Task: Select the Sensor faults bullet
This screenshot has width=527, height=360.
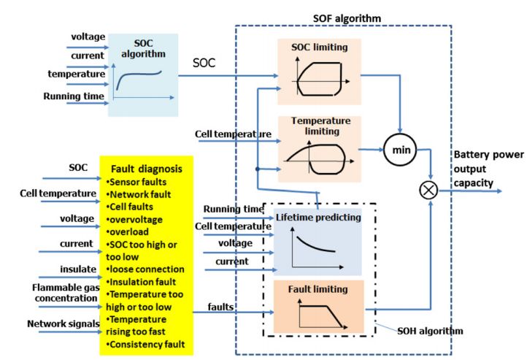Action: click(x=136, y=180)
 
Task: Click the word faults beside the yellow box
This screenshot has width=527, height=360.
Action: click(x=220, y=307)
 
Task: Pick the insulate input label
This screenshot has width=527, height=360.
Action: click(x=77, y=269)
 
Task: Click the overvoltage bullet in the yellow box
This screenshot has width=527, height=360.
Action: click(x=134, y=218)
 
